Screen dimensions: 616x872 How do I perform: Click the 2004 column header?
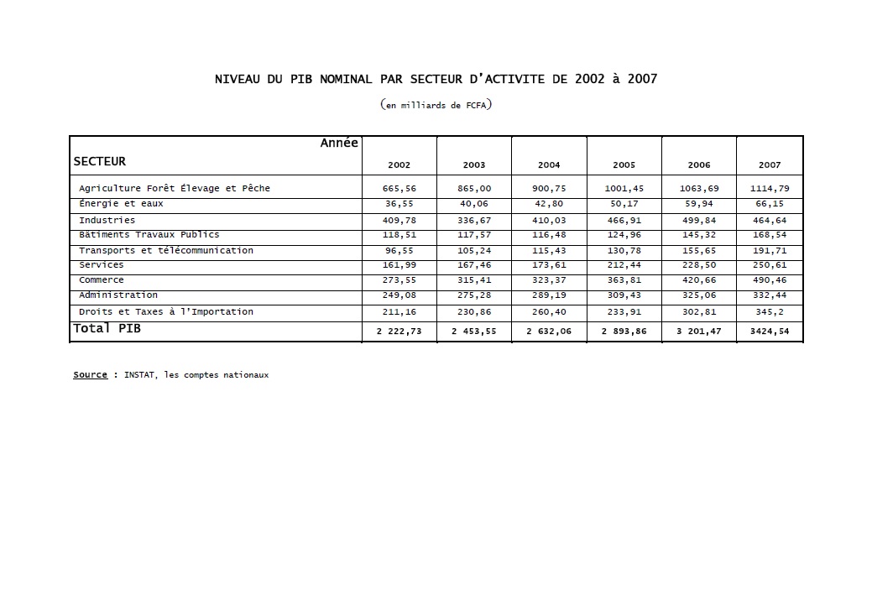coord(549,165)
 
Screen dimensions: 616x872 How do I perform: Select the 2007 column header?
coord(770,165)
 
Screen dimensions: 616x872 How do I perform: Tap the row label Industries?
coord(107,220)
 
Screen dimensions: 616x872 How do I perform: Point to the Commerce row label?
coord(102,280)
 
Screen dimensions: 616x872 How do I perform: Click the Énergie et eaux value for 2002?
coord(399,204)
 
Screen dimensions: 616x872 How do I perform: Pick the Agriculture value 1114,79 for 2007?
coord(770,189)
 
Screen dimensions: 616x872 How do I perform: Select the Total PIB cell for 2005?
coord(624,331)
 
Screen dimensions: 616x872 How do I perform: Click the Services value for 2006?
coord(698,265)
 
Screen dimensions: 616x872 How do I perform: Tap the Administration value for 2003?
coord(474,295)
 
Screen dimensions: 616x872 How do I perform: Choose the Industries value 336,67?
coord(474,221)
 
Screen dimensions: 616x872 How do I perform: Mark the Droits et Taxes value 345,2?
coord(770,312)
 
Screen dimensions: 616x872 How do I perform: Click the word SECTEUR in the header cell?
coord(99,161)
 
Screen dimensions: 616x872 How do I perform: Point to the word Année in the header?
coord(339,143)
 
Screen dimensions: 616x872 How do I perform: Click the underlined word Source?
coord(90,375)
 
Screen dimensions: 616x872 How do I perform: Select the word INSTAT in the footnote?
coord(140,375)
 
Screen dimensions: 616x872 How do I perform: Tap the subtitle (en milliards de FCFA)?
coord(436,105)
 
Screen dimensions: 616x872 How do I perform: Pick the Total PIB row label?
coord(107,329)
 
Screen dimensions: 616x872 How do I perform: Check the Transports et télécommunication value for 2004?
coord(549,251)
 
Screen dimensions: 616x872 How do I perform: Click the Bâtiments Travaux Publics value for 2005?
coord(624,235)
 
